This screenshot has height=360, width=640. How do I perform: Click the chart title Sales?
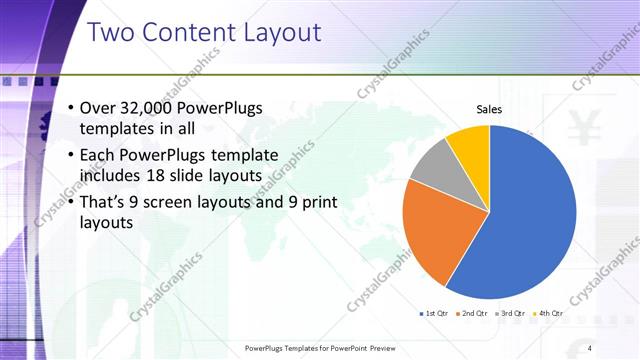[488, 110]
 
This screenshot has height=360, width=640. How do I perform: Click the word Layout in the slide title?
[280, 32]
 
